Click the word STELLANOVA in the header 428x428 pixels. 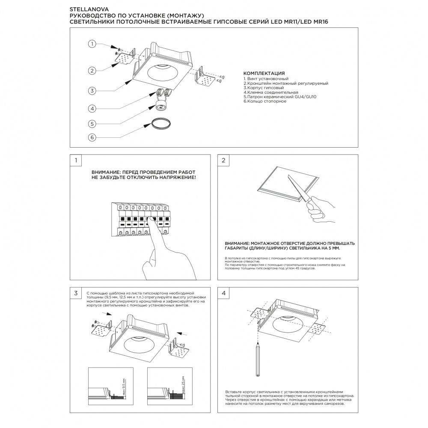[x=84, y=8]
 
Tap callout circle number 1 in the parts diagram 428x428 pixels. [x=92, y=44]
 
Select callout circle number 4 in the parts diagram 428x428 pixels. [x=92, y=108]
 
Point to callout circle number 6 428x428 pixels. [x=92, y=137]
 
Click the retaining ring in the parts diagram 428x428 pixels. [x=160, y=124]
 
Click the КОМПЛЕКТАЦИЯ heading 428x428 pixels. [x=264, y=74]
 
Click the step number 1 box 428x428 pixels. [x=76, y=160]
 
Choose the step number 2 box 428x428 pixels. [x=223, y=160]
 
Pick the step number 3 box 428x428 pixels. [x=76, y=293]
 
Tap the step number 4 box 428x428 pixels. [x=223, y=293]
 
